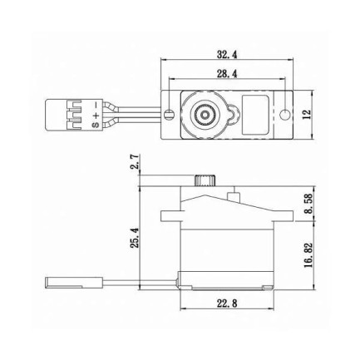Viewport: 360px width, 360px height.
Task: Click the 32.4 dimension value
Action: click(227, 54)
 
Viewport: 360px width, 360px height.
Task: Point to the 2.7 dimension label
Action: click(135, 161)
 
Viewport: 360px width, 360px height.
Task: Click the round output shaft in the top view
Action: click(204, 113)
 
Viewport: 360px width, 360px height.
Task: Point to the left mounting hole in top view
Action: click(170, 113)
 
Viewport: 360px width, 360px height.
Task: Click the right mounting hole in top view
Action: click(285, 113)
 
